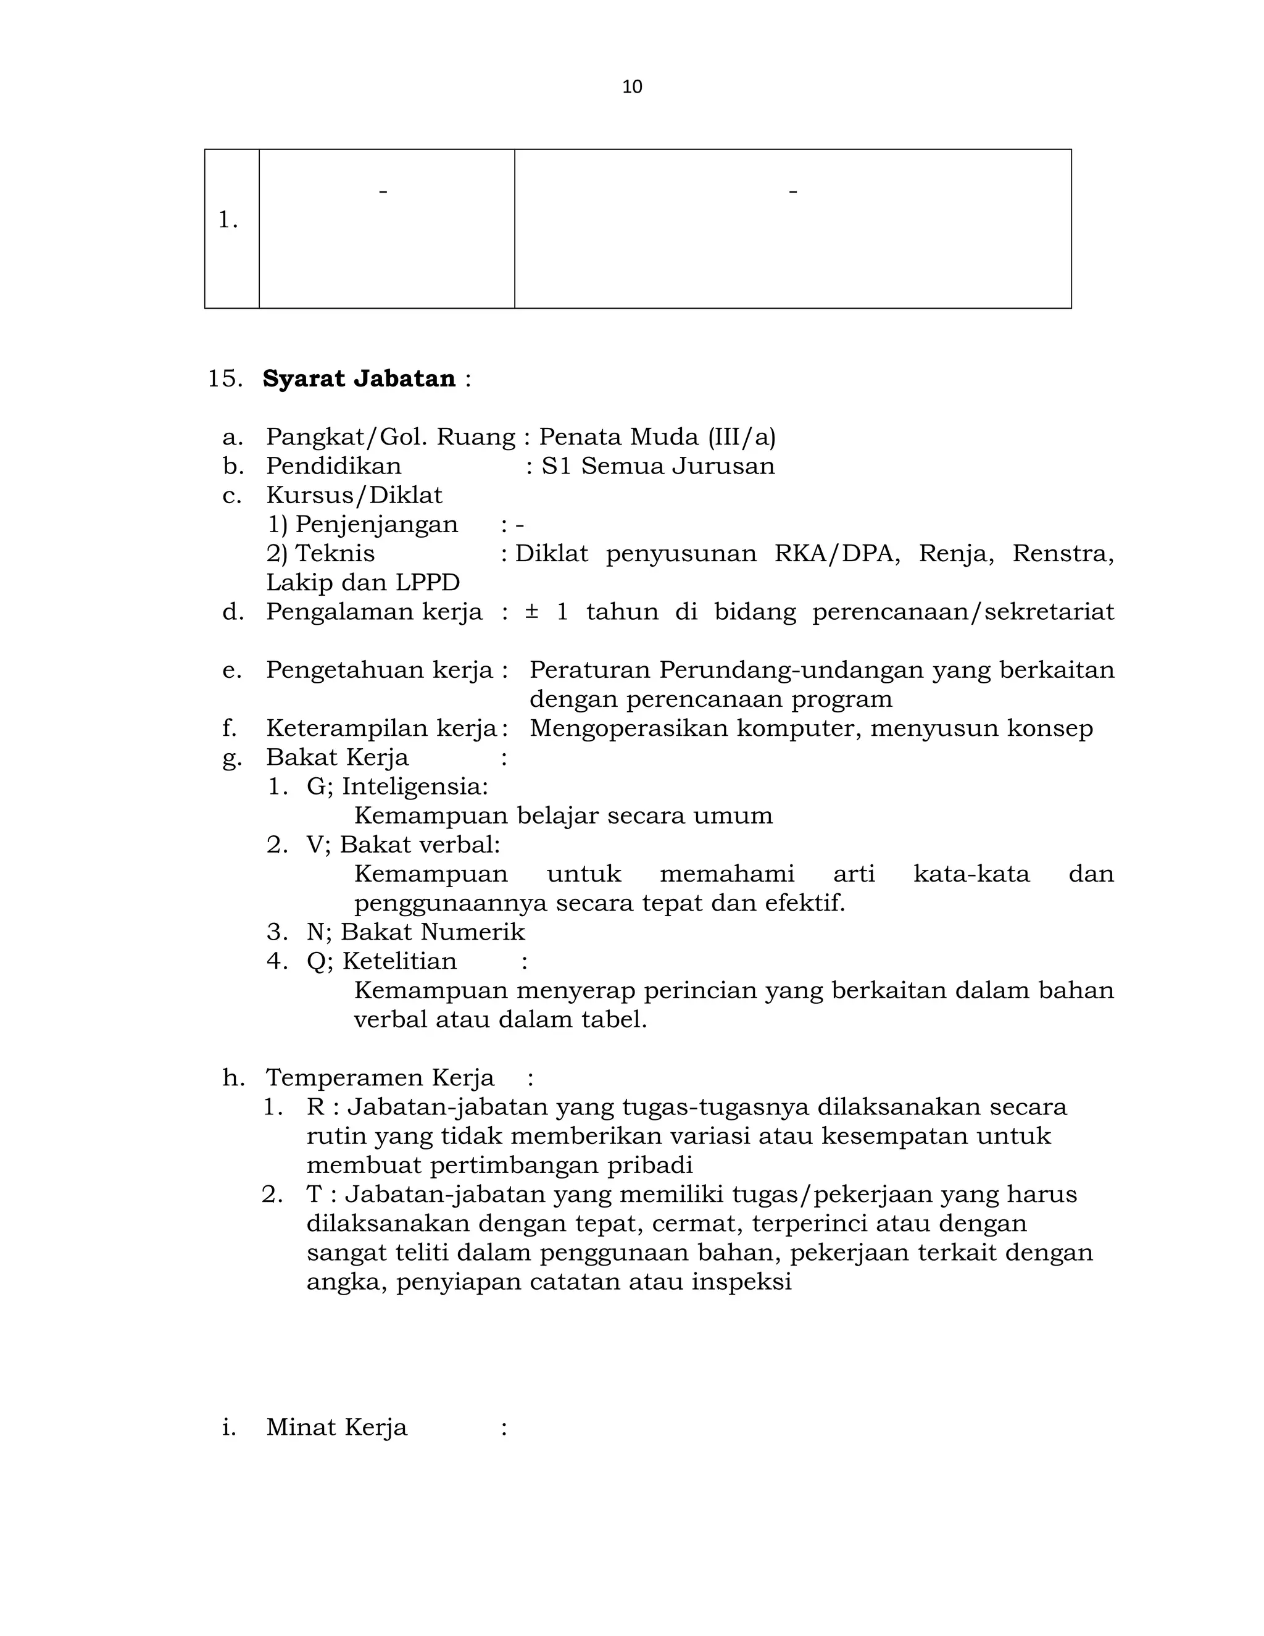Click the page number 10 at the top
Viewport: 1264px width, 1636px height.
(632, 87)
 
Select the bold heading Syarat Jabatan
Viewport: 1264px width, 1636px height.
(359, 379)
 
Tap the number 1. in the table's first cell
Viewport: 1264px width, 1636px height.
(228, 220)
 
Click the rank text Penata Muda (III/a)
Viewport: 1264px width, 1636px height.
(657, 436)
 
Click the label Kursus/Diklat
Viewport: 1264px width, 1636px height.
(354, 495)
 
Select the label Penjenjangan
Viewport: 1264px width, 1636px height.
(376, 524)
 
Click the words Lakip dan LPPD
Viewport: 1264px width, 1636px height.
(363, 583)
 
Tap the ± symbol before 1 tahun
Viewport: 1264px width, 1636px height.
(531, 612)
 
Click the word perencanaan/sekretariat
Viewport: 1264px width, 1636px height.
(963, 612)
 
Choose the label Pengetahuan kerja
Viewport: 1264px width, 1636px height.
(380, 670)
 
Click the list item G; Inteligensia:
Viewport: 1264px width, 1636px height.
(397, 787)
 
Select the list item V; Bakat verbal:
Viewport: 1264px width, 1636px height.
(403, 845)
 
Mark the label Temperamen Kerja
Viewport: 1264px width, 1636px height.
(380, 1078)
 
